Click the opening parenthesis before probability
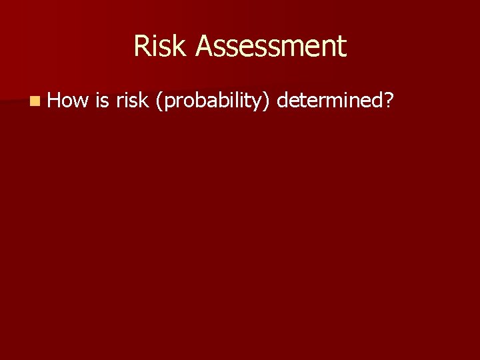click(x=156, y=101)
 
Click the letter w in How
click(x=81, y=101)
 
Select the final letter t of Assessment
click(x=342, y=47)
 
